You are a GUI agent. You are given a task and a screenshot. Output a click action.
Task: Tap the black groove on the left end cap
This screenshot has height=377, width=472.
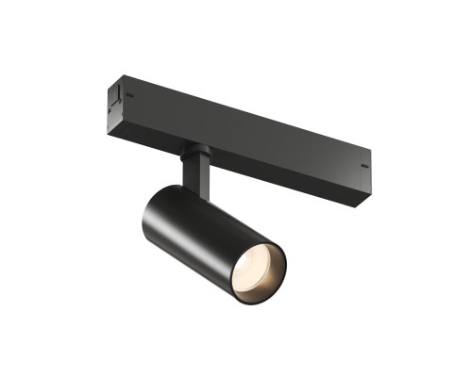tap(112, 96)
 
